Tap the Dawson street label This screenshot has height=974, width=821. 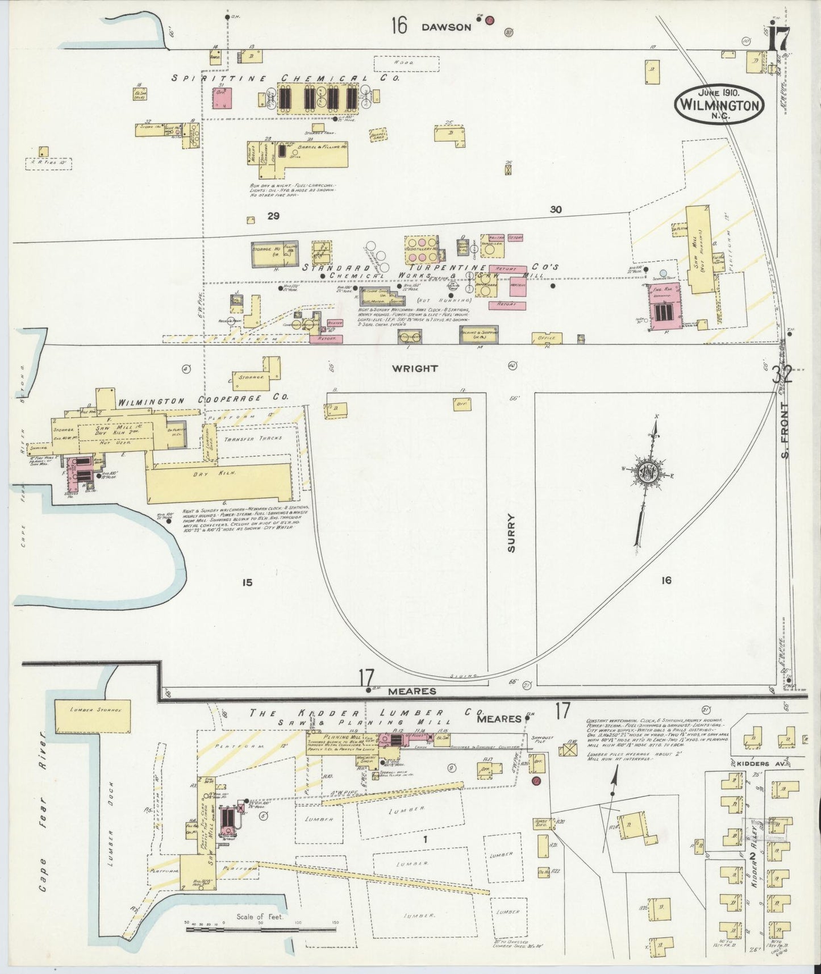(446, 27)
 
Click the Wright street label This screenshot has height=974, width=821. (415, 368)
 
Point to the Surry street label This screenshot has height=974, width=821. (511, 533)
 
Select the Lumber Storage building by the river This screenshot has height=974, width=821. (92, 717)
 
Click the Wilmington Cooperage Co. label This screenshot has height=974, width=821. (202, 399)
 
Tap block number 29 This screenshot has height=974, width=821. (274, 216)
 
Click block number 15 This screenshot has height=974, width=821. (247, 582)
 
